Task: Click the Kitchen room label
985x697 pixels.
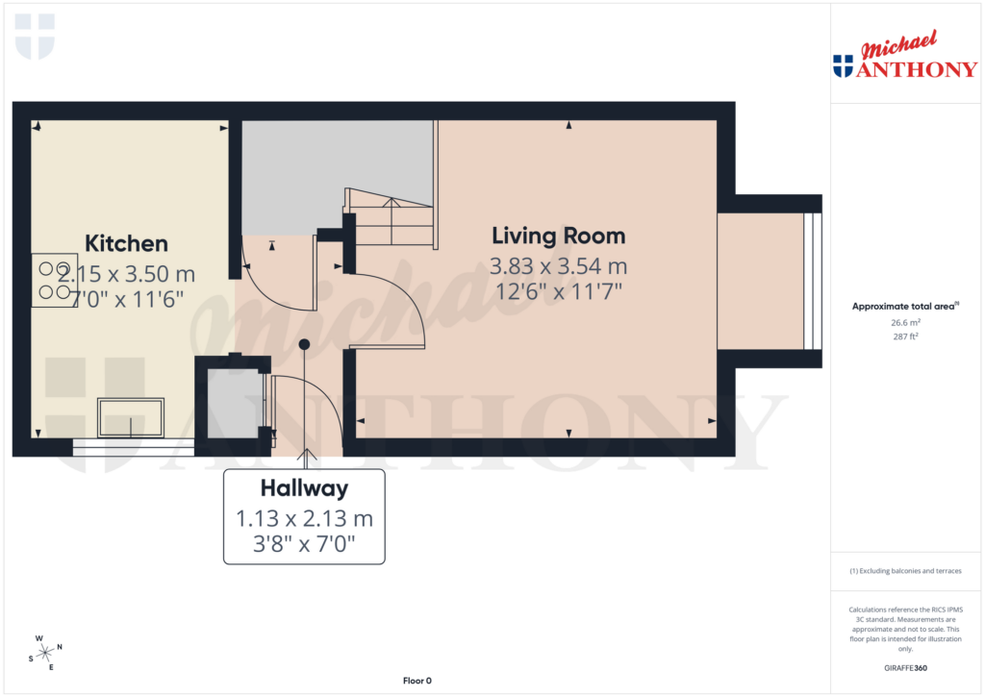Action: pos(126,243)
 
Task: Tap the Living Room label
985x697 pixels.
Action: pos(558,236)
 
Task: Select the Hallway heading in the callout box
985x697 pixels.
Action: pos(304,488)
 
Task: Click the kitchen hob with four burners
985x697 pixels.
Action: pos(54,280)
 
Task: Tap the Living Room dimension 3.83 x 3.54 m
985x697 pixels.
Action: pos(558,266)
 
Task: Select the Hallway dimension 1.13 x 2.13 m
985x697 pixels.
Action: pos(304,519)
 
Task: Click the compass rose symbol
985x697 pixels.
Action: pos(45,653)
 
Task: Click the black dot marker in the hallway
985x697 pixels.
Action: pos(304,344)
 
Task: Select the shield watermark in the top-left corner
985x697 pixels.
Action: pos(36,37)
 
